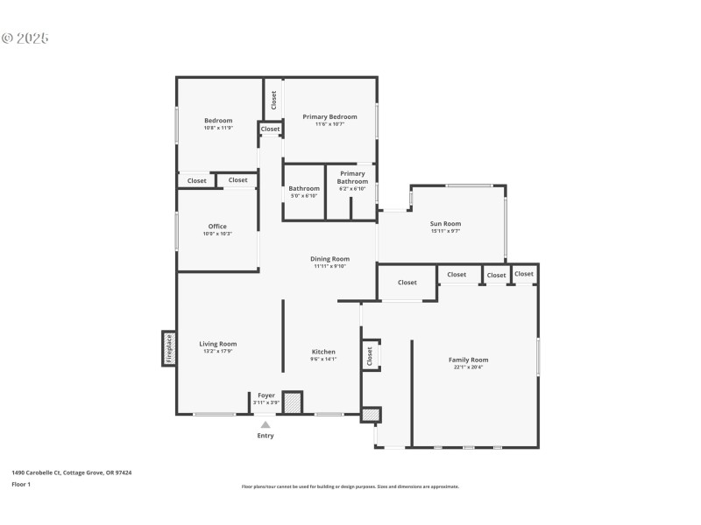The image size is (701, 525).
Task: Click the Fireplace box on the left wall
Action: coord(168,348)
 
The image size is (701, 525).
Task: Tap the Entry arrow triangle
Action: coord(266,424)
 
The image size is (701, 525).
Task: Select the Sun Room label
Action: coord(445,224)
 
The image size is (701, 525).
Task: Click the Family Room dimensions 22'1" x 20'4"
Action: coord(468,367)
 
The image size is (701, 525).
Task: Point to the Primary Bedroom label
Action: coord(329,116)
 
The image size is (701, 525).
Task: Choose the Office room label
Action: coord(217,227)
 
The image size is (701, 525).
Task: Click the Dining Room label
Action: coord(330,259)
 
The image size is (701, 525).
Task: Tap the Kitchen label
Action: coord(323,352)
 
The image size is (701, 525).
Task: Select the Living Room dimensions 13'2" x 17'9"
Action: coord(217,351)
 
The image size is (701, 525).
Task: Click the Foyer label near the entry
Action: coord(266,395)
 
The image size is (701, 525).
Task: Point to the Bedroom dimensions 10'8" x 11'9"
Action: coord(218,128)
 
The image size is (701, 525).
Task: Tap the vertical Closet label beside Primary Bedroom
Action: coord(273,100)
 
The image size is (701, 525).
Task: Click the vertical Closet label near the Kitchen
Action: coord(370,355)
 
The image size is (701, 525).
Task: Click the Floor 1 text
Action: coord(21,484)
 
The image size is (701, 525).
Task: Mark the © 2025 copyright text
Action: coord(25,38)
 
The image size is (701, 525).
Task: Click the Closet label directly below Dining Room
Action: coord(407,283)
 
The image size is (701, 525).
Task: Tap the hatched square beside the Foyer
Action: coord(292,402)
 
